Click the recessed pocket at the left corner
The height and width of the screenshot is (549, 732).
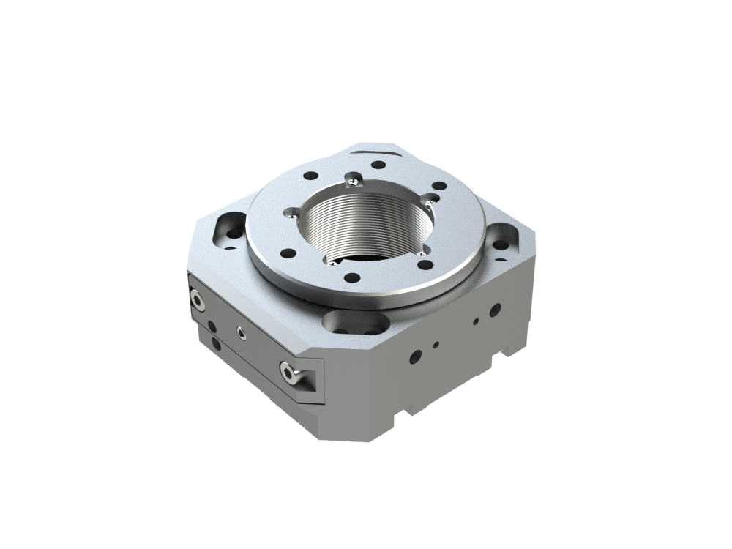click(x=228, y=227)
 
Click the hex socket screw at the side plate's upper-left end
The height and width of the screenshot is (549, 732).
click(x=197, y=298)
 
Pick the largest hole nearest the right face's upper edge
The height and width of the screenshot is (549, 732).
click(x=495, y=310)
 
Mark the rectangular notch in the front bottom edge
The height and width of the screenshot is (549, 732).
click(x=405, y=419)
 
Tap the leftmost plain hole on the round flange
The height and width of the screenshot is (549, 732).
click(x=288, y=253)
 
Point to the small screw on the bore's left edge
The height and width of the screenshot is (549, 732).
click(x=292, y=214)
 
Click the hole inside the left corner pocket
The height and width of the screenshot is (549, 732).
click(x=234, y=234)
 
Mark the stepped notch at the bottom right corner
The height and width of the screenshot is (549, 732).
click(x=506, y=356)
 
